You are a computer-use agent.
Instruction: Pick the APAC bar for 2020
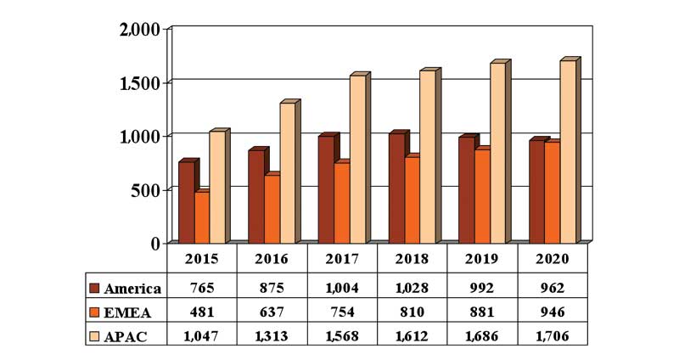[x=568, y=152]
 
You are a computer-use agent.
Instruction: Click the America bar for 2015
[x=186, y=202]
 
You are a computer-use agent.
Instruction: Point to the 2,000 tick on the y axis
[x=139, y=30]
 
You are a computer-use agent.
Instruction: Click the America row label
[x=132, y=288]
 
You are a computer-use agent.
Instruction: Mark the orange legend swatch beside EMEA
[x=95, y=312]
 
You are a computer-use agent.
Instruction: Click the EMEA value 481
[x=201, y=312]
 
